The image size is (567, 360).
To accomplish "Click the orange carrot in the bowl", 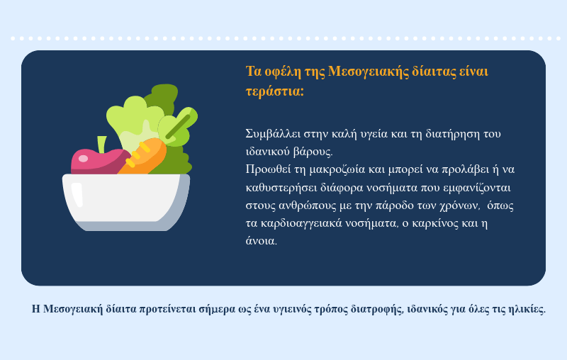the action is tap(143, 157).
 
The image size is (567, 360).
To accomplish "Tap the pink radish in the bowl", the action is tap(99, 162).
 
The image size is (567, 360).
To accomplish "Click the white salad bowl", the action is tap(126, 202).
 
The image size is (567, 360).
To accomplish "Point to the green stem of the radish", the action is tap(102, 145).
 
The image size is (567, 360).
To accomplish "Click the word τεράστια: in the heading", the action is tap(275, 91).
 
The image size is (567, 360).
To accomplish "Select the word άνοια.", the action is tap(262, 241).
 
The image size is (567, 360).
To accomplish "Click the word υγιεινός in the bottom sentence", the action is tap(292, 310).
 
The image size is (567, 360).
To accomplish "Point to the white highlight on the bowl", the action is tap(77, 195).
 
